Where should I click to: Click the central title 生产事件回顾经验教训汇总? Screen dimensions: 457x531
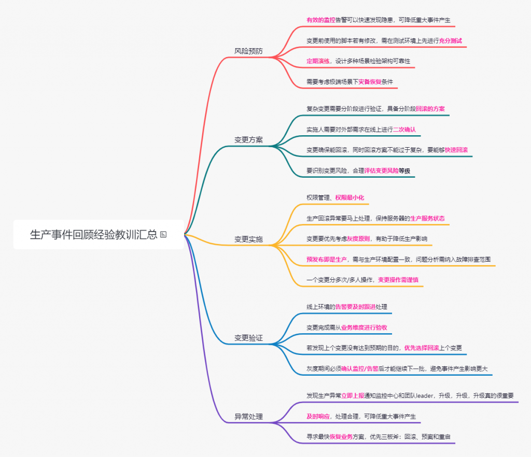pos(93,235)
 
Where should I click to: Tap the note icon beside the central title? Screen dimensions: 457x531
pos(163,235)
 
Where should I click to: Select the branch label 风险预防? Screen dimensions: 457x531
pos(248,51)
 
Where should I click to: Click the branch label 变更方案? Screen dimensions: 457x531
pos(248,140)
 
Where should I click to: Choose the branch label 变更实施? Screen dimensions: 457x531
pos(248,239)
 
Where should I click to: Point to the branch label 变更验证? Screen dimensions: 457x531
pos(248,338)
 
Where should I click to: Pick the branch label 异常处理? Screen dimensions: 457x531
pos(248,417)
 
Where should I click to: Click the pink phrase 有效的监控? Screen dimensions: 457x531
pos(320,20)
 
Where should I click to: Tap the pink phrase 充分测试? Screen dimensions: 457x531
pos(450,40)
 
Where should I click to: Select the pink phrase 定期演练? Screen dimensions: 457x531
pos(318,61)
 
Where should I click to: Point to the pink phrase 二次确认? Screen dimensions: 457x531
pos(404,130)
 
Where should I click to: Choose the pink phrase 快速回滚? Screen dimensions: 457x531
pos(456,150)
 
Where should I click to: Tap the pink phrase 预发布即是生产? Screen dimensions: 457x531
pos(327,259)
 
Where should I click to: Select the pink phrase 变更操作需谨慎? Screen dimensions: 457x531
pos(398,280)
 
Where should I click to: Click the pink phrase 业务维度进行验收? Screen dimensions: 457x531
pos(364,327)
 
